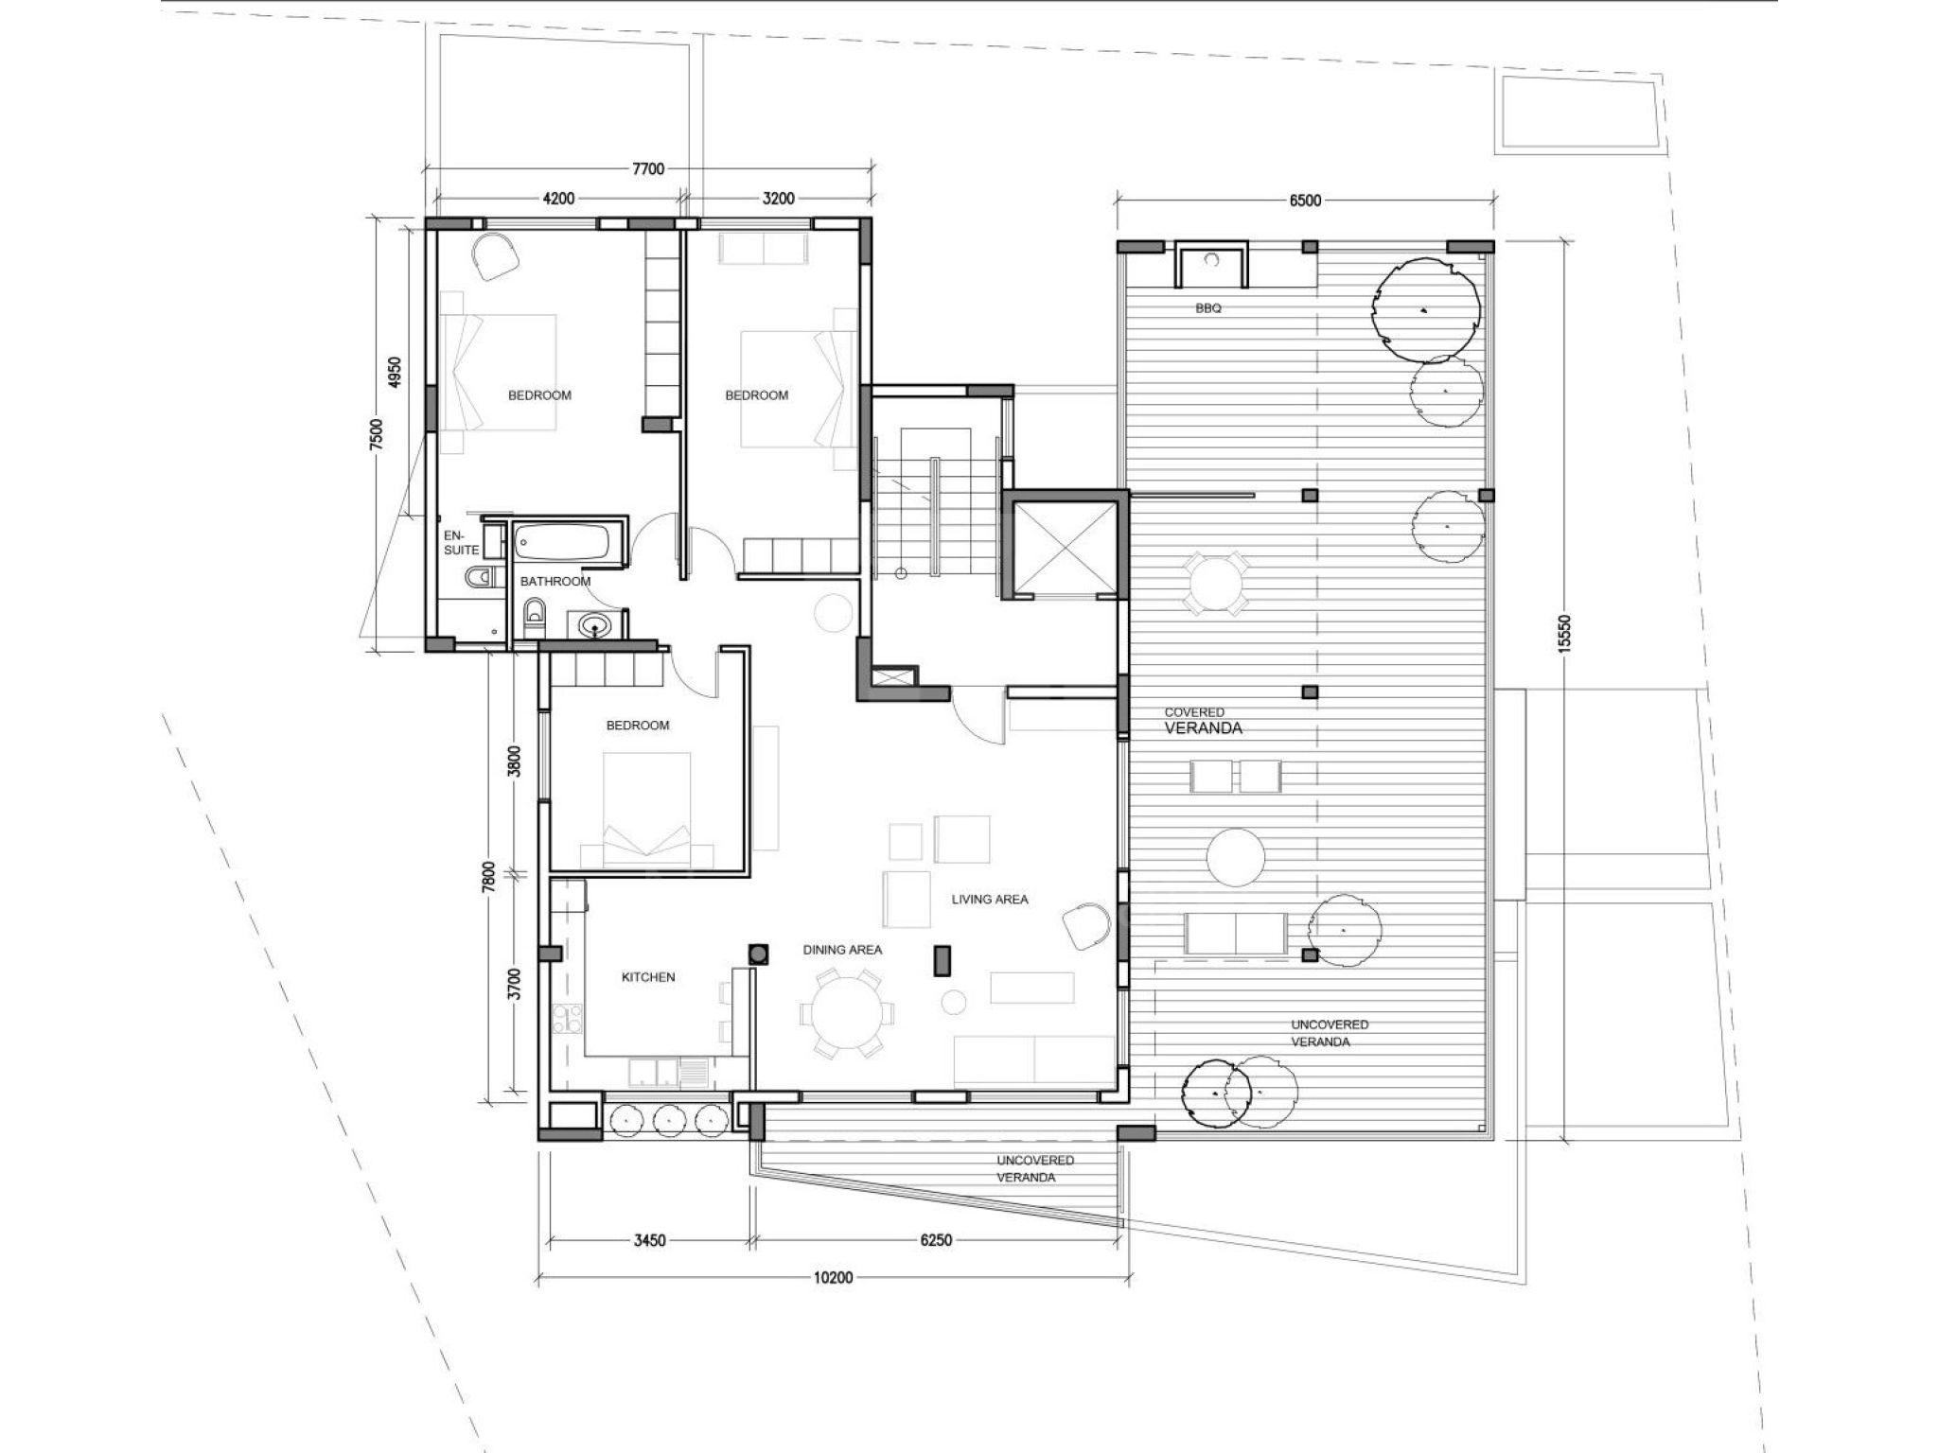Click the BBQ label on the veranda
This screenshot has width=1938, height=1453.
pyautogui.click(x=1208, y=308)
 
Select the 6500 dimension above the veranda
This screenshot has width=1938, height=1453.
pyautogui.click(x=1305, y=201)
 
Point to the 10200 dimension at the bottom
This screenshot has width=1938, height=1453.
pyautogui.click(x=834, y=1278)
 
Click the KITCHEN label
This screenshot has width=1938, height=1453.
pyautogui.click(x=648, y=977)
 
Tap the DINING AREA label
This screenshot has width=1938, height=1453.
pyautogui.click(x=842, y=950)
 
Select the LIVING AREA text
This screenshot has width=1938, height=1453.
pyautogui.click(x=990, y=900)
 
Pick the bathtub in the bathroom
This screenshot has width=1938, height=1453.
pyautogui.click(x=562, y=543)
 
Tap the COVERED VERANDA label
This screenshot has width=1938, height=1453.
pyautogui.click(x=1203, y=721)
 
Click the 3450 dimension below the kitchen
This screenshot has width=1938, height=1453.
pyautogui.click(x=650, y=1241)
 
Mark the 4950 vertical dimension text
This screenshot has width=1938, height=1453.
pyautogui.click(x=396, y=373)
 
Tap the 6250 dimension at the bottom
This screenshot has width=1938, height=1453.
pyautogui.click(x=936, y=1241)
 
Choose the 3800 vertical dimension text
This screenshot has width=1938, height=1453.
pyautogui.click(x=514, y=761)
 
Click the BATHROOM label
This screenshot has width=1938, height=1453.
pyautogui.click(x=555, y=582)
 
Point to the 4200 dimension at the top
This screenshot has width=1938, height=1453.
pyautogui.click(x=558, y=199)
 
